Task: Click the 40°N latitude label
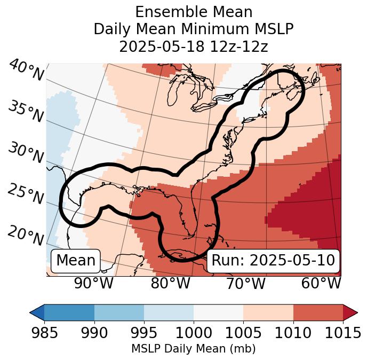pos(26,71)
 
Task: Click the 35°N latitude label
pos(26,112)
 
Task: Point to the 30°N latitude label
pos(26,154)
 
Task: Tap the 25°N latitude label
pos(26,194)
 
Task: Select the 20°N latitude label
pos(26,235)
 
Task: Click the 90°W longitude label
pos(93,283)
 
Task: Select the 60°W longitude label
pos(321,283)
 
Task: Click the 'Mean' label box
pos(76,261)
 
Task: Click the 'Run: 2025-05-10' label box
pos(273,261)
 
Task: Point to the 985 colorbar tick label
pos(44,333)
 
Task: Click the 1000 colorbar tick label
pos(194,333)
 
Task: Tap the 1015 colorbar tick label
pos(343,333)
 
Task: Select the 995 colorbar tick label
pos(144,333)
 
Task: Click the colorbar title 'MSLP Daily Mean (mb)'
pos(194,349)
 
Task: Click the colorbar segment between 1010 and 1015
pos(318,312)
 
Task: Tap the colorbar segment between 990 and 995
pos(119,312)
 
